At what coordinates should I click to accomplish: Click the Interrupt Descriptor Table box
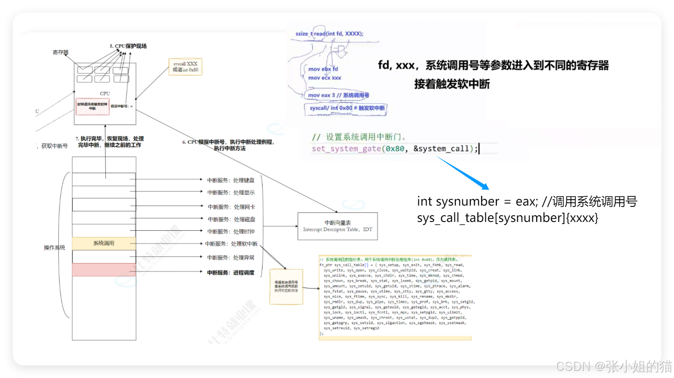pos(337,226)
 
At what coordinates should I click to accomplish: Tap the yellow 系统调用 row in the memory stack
pos(104,243)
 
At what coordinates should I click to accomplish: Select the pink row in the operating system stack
pos(104,270)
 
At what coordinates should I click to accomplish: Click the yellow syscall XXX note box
pos(185,67)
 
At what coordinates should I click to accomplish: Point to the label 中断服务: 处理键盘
pos(231,180)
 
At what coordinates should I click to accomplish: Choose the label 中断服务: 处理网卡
pos(231,207)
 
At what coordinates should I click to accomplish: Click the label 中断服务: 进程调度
pos(231,273)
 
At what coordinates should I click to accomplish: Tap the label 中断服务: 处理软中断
pos(231,244)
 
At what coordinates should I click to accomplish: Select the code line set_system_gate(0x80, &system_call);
pos(395,149)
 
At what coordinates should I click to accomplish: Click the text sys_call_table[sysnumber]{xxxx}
pos(507,218)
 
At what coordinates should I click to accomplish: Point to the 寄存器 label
pos(60,52)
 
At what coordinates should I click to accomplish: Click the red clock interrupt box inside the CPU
pos(92,106)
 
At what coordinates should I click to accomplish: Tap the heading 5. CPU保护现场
pos(128,46)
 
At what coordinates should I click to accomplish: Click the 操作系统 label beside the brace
pos(55,248)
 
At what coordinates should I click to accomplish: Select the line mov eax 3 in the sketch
pos(338,95)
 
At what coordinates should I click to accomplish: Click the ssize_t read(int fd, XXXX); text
pos(329,34)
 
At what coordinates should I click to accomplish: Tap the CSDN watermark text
pos(613,366)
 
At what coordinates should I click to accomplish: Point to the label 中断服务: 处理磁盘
pos(231,219)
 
